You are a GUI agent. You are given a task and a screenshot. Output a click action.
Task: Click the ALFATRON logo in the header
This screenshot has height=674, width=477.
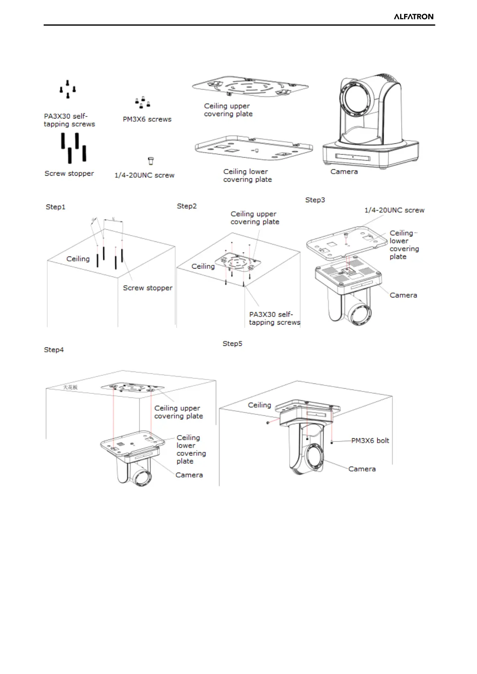[413, 16]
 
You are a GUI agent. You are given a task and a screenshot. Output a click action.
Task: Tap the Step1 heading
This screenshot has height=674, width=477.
[55, 207]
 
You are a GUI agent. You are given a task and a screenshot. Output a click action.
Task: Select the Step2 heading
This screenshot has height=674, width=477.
[187, 206]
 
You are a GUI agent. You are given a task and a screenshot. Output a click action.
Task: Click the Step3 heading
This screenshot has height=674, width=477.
[315, 200]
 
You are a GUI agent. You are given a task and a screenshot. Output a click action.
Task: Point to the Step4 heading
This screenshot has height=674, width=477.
[54, 350]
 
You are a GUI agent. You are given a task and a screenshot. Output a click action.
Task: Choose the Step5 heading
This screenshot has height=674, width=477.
[232, 343]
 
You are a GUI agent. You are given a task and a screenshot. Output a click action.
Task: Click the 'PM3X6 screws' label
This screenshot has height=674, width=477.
[147, 119]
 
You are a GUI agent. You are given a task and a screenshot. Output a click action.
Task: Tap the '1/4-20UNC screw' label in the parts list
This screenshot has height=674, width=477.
[144, 175]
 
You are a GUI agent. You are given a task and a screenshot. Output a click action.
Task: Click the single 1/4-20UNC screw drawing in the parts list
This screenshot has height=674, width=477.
[151, 161]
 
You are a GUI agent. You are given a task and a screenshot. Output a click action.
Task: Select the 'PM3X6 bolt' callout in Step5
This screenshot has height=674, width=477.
[370, 441]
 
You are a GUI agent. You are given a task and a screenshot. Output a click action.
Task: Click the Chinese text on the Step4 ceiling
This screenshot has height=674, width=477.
[70, 387]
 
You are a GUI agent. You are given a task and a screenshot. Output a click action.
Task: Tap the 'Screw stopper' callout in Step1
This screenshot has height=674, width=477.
[147, 288]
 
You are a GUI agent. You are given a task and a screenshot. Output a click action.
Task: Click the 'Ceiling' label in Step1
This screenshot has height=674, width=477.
[78, 259]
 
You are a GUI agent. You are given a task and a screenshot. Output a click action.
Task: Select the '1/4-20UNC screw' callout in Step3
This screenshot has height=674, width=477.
[394, 210]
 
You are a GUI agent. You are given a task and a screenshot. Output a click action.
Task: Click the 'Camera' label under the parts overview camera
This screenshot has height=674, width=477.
[344, 172]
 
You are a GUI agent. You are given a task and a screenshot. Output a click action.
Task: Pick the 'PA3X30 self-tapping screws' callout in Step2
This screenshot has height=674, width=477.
[274, 319]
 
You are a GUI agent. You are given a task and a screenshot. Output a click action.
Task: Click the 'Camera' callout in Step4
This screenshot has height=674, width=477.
[189, 475]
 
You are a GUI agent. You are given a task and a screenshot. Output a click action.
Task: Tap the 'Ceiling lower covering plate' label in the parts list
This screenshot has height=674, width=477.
[247, 176]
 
